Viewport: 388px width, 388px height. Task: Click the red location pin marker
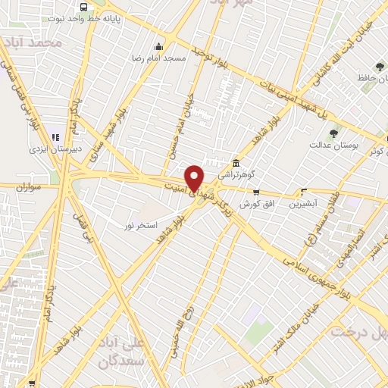pos(196,177)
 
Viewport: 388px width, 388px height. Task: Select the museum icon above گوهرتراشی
pos(236,164)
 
